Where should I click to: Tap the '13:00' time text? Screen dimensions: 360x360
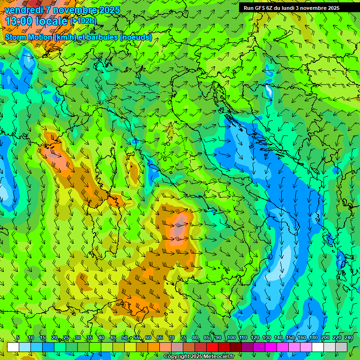click(x=18, y=21)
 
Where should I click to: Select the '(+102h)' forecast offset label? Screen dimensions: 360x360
click(x=83, y=21)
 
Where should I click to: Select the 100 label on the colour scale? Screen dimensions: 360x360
click(x=231, y=338)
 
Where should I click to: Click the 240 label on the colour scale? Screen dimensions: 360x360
click(x=348, y=338)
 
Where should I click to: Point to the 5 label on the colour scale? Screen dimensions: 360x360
click(x=18, y=338)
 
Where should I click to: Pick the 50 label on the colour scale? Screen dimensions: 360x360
click(x=125, y=338)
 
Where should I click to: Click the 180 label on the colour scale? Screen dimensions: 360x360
click(x=313, y=338)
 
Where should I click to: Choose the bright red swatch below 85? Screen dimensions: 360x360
click(x=212, y=347)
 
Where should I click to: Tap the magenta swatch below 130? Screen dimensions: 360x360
click(x=271, y=347)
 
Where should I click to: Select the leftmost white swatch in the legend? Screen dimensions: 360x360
click(x=13, y=347)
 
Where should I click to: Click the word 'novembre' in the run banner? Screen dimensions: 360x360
click(x=314, y=8)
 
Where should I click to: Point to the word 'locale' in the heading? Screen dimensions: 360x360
click(x=50, y=21)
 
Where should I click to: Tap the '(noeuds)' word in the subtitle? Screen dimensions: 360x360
click(x=135, y=37)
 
